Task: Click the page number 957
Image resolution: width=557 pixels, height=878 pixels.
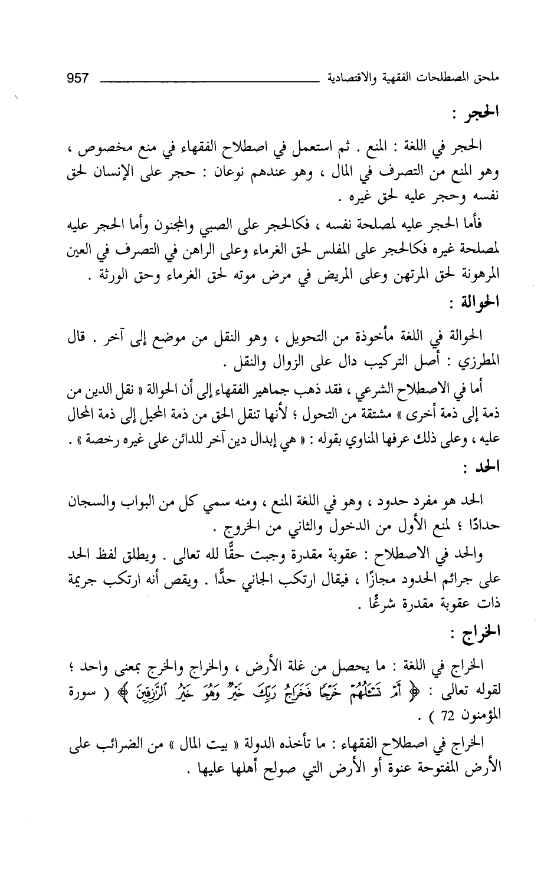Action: click(78, 77)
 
